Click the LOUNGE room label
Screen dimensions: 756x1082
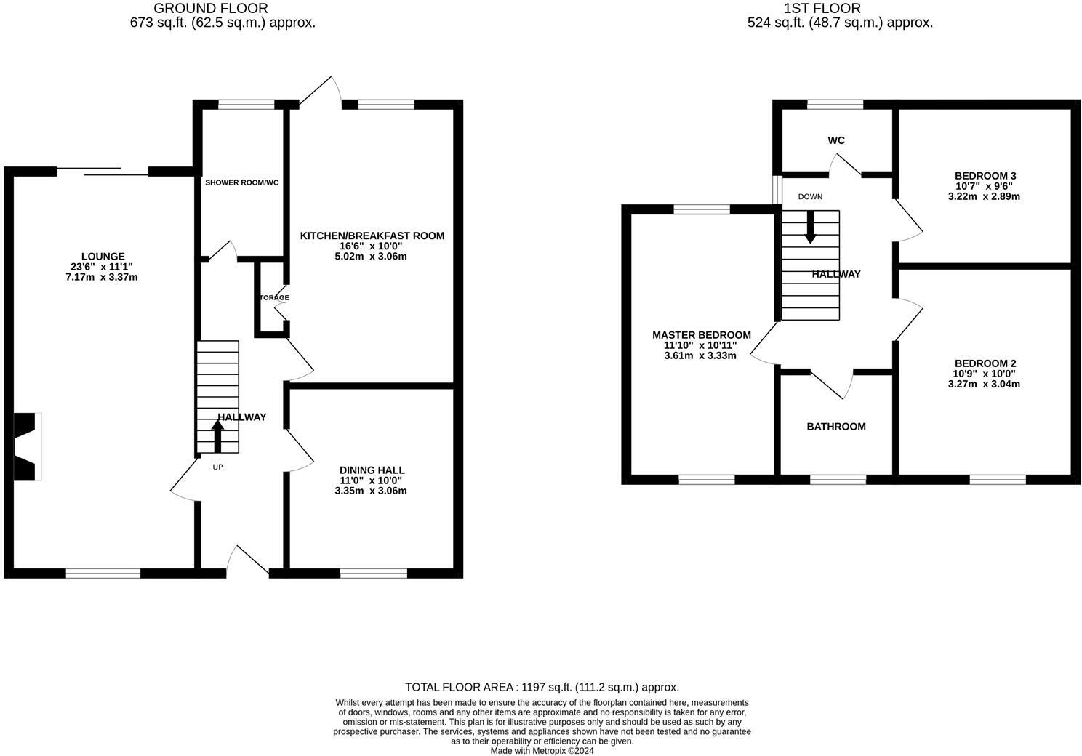(103, 257)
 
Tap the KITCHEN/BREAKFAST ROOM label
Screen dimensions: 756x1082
(372, 236)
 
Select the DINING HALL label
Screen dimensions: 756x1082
(372, 470)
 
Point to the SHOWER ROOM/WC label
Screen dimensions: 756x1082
(241, 182)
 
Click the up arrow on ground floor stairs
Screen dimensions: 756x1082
(217, 436)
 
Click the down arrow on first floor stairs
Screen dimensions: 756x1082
(810, 227)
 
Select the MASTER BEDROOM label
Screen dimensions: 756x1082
(701, 335)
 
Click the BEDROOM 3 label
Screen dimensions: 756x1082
(985, 176)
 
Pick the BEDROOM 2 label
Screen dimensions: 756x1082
(985, 363)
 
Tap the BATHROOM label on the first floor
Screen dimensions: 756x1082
(836, 427)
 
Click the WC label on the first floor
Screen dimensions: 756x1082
(836, 140)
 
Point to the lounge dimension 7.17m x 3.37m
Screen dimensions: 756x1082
(101, 277)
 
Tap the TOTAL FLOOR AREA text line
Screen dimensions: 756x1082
(542, 687)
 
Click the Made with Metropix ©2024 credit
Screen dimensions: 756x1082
(542, 751)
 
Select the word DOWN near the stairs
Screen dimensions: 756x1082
(810, 197)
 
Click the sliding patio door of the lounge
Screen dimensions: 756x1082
(103, 172)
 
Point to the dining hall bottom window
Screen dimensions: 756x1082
(374, 574)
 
